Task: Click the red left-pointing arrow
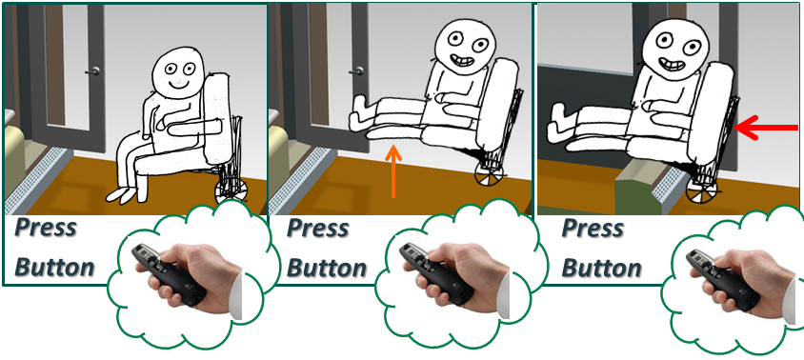click(767, 126)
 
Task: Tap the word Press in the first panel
click(44, 230)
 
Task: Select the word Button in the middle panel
click(327, 268)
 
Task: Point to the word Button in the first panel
click(54, 268)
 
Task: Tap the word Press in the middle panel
click(318, 230)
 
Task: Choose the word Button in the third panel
click(601, 268)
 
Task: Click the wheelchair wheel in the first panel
click(230, 188)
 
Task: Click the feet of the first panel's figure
click(123, 194)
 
